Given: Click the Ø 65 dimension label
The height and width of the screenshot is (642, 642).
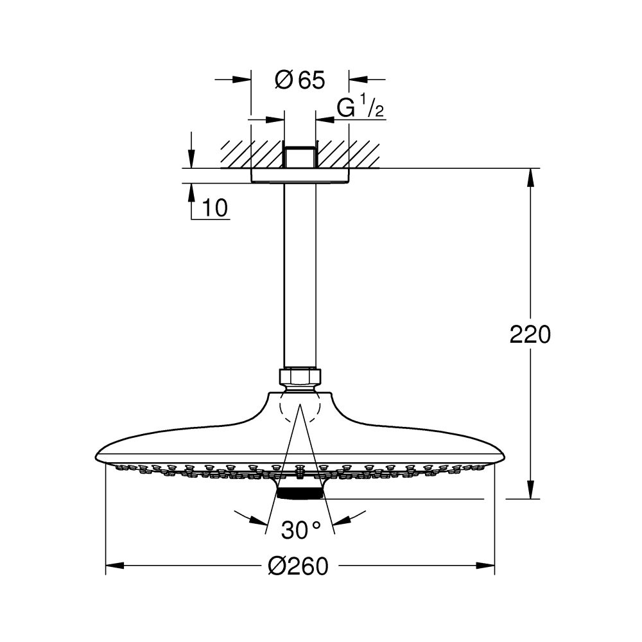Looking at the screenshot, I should [300, 81].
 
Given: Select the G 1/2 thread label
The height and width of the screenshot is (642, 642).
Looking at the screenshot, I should [360, 109].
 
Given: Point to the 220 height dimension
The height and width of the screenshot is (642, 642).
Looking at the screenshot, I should [530, 334].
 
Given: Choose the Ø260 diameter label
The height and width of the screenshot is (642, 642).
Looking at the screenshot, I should [299, 566].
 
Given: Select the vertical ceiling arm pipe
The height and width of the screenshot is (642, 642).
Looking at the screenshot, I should [300, 276].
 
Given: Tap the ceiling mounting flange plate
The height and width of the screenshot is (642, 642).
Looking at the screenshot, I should [300, 176].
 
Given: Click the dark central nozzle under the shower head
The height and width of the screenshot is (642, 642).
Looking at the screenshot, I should [300, 493].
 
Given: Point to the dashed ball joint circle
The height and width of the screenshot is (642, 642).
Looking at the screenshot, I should [300, 407].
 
